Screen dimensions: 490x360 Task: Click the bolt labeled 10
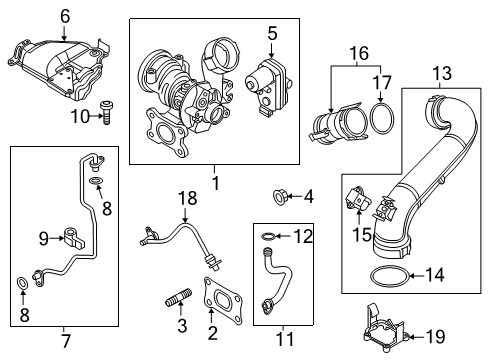tap(106, 113)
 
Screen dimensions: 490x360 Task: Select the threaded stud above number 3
tap(179, 297)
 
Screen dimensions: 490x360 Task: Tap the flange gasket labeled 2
tap(222, 301)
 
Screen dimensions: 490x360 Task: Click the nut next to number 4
tap(278, 196)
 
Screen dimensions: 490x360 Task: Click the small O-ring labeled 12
tap(268, 236)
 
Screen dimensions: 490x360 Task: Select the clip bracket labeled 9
tap(74, 237)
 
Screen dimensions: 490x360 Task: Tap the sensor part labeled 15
tap(358, 199)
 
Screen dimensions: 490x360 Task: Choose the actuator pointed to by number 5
tap(268, 86)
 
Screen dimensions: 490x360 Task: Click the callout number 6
tap(65, 16)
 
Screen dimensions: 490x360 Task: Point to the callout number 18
tap(188, 198)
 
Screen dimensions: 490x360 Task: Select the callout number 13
tap(442, 73)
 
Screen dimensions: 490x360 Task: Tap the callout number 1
tap(216, 183)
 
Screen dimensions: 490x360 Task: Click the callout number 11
tap(286, 339)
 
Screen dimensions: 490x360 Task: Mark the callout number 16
tap(359, 53)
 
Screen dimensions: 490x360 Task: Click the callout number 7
tap(65, 341)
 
